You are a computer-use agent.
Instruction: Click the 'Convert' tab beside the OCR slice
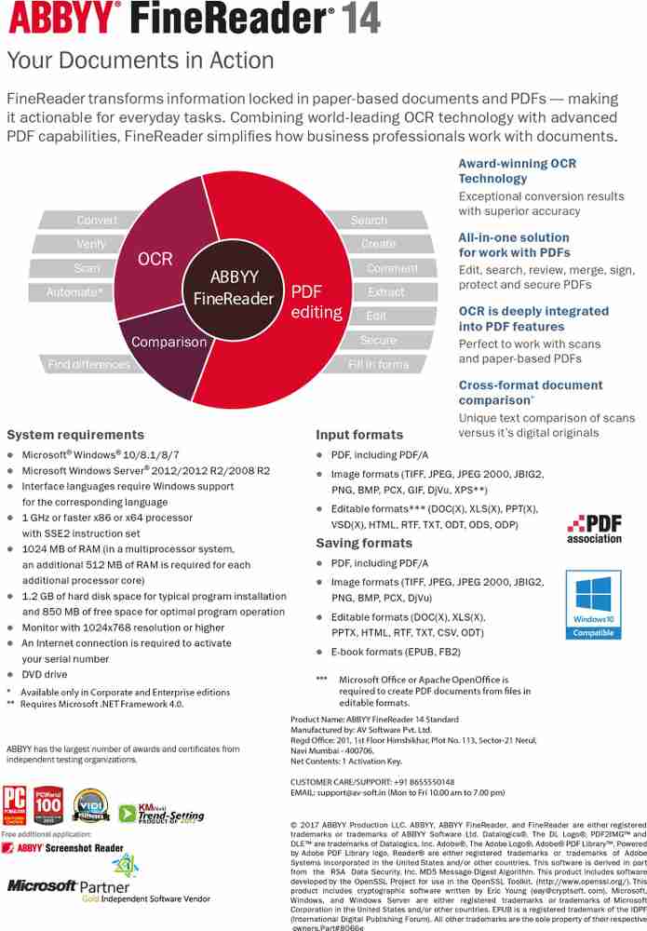[97, 221]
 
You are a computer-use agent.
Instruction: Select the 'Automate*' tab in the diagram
[75, 292]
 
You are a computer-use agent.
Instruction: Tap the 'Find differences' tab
[89, 365]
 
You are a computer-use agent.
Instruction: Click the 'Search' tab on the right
[369, 221]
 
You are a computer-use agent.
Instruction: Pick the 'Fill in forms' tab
[379, 365]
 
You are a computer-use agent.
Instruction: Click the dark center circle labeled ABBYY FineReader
[233, 288]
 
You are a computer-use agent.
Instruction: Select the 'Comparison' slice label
[168, 342]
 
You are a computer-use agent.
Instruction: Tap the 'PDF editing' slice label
[317, 302]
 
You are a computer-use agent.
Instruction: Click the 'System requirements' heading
[75, 435]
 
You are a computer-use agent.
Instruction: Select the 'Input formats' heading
[359, 435]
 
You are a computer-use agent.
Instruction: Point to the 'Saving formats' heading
[363, 543]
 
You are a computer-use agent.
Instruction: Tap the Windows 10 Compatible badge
[593, 605]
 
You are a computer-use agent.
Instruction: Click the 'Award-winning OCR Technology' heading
[517, 170]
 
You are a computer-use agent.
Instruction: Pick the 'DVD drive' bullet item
[45, 674]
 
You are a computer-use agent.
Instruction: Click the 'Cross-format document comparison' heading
[530, 392]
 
